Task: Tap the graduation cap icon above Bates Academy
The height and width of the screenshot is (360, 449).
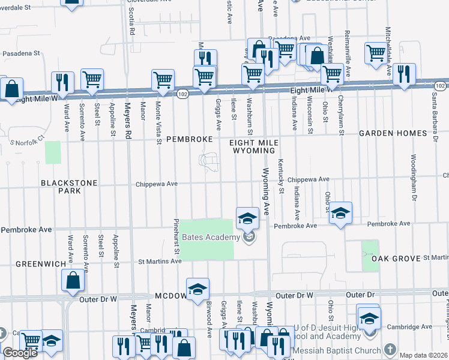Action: point(247,218)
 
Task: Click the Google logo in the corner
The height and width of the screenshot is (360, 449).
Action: point(20,353)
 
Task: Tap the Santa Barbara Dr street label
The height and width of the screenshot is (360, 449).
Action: point(433,114)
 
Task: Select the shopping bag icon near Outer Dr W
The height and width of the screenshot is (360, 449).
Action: point(73,280)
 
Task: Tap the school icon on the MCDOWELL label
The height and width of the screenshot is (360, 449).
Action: point(197,289)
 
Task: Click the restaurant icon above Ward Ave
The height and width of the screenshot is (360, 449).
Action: point(62,82)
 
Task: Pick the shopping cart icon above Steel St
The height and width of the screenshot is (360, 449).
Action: point(92,79)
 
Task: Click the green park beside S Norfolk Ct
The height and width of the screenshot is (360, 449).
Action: point(53,152)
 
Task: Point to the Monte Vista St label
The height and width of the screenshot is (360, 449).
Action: point(158,122)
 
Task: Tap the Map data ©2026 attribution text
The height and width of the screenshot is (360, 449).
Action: point(423,355)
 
